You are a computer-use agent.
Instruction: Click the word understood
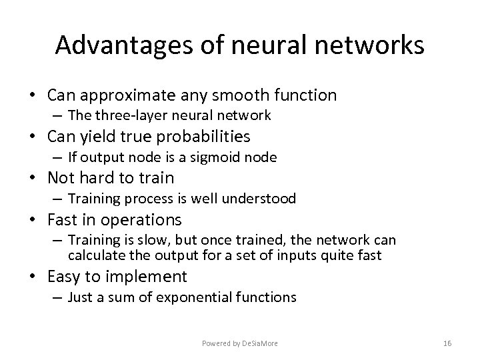point(261,198)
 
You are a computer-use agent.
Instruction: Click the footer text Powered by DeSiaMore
point(241,343)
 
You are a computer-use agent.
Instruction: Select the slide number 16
point(447,343)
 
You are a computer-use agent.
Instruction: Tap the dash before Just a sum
point(59,297)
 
